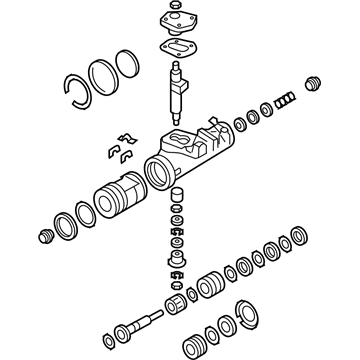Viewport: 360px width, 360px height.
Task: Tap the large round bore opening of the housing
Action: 157,169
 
